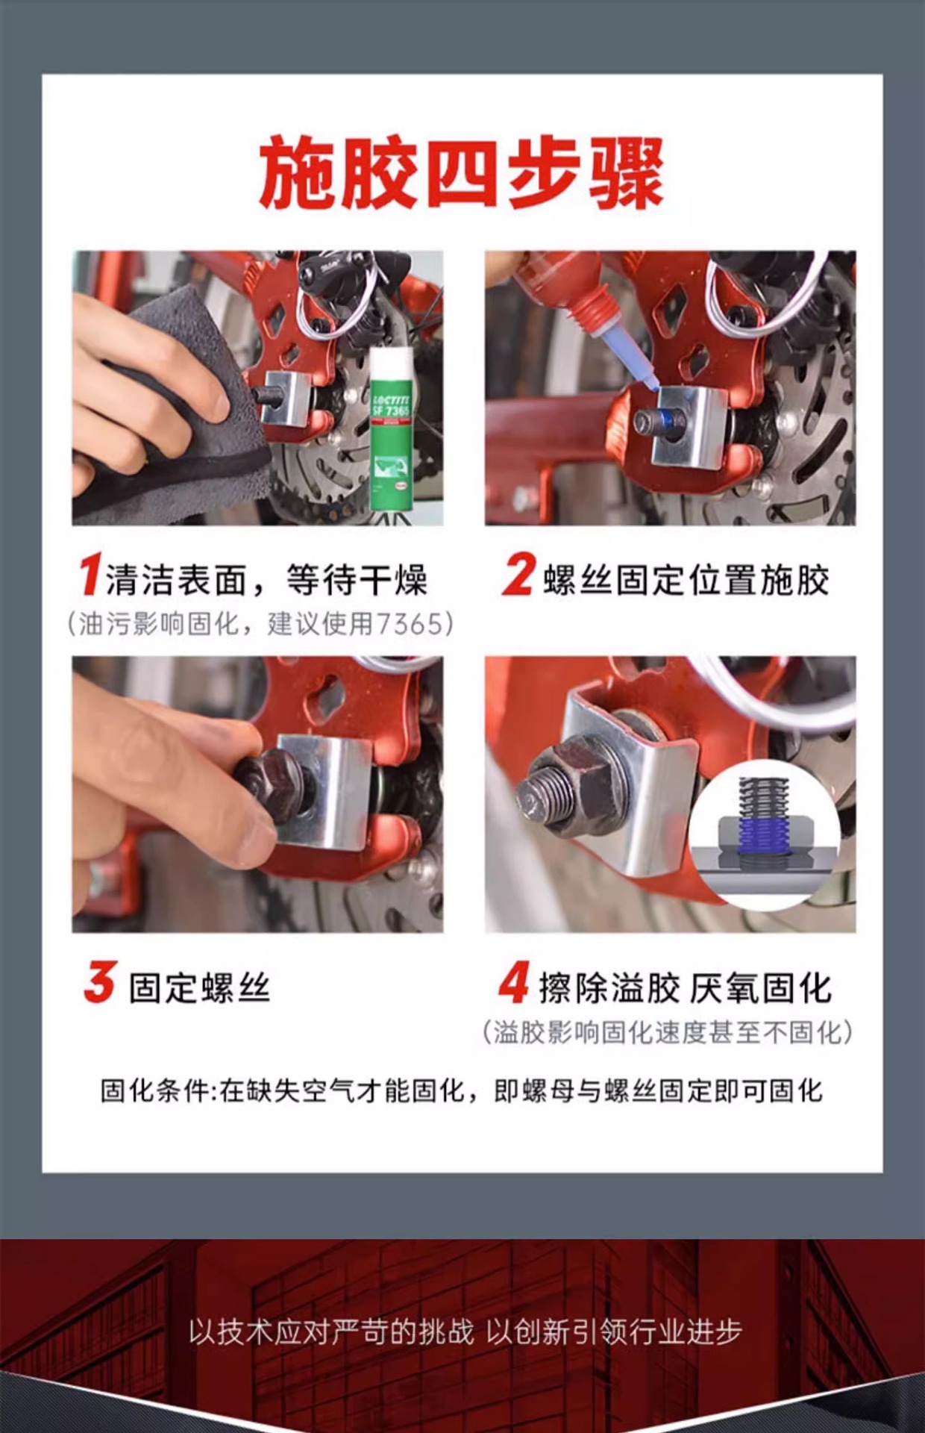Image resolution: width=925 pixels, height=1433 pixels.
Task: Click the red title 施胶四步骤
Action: (x=462, y=173)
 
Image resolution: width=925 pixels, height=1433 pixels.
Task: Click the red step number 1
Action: (x=90, y=574)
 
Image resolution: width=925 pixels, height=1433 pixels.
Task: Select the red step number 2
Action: (x=518, y=574)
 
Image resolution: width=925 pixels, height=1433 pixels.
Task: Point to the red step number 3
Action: (x=100, y=982)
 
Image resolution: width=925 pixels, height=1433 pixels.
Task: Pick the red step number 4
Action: (x=514, y=982)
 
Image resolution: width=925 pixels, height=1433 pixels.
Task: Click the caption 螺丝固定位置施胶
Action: (x=686, y=581)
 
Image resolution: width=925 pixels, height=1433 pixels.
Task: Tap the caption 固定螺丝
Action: (x=199, y=988)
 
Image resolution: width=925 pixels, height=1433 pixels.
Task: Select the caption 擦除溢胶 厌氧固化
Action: (x=685, y=988)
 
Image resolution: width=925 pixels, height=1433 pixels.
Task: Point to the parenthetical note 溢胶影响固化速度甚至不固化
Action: (x=668, y=1033)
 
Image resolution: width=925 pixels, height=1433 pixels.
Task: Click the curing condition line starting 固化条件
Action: (x=462, y=1091)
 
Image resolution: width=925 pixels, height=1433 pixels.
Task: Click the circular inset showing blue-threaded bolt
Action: (x=764, y=834)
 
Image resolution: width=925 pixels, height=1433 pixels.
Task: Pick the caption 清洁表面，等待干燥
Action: (x=266, y=581)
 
